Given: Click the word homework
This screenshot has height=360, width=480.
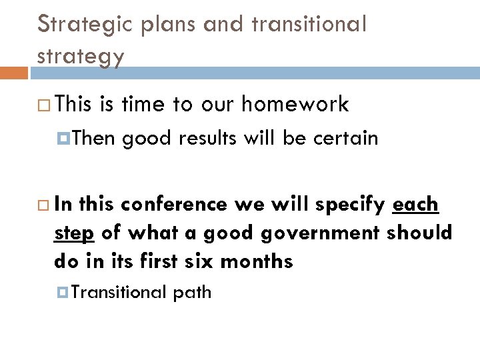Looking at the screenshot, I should coord(295,104).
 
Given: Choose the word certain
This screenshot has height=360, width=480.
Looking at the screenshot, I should coord(345,138).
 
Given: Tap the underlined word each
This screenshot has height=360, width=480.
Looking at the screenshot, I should coord(416,204).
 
